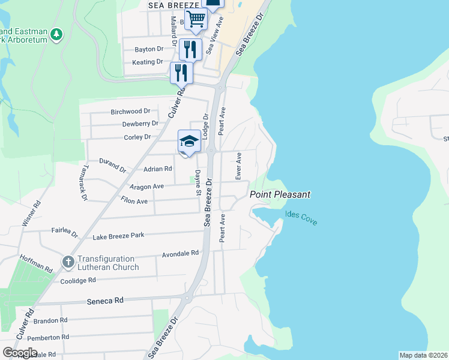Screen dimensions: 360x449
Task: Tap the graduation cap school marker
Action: coord(189,142)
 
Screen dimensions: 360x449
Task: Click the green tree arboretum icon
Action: coord(56,34)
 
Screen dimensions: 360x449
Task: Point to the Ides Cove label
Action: coord(301,217)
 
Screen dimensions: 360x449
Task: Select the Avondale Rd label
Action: coord(180,254)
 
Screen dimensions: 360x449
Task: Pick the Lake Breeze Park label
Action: coord(118,235)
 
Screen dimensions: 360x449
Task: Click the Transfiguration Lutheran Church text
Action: coord(108,263)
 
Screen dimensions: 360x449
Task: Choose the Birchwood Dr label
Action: coord(130,112)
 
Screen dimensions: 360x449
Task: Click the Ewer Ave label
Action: coord(238,166)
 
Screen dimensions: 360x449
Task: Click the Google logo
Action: coord(20,352)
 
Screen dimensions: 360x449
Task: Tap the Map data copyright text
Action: coord(423,355)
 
